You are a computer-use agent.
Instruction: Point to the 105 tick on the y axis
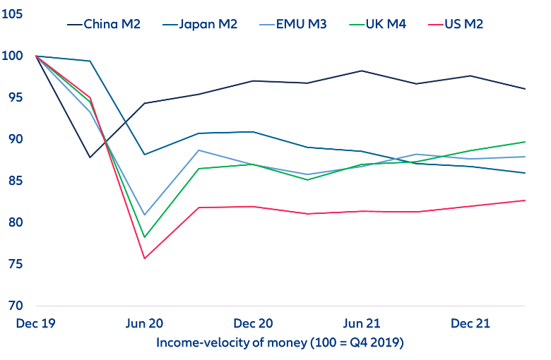[13, 14]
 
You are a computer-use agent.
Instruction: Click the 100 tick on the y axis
[13, 56]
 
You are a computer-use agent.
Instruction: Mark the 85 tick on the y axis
[13, 181]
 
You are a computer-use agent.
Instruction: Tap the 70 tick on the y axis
[13, 306]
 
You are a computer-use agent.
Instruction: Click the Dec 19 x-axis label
[35, 323]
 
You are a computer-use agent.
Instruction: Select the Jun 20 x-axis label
[144, 323]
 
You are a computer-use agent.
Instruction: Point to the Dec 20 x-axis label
[254, 323]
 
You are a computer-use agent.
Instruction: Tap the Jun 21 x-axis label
[362, 323]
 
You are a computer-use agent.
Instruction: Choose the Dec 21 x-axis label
[470, 323]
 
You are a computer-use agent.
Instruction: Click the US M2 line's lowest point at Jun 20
[144, 258]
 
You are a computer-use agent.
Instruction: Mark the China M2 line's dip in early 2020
[90, 157]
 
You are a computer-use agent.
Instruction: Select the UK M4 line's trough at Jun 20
[144, 237]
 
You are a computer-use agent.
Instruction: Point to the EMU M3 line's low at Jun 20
[144, 215]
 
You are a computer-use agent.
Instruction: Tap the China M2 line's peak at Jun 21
[362, 71]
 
